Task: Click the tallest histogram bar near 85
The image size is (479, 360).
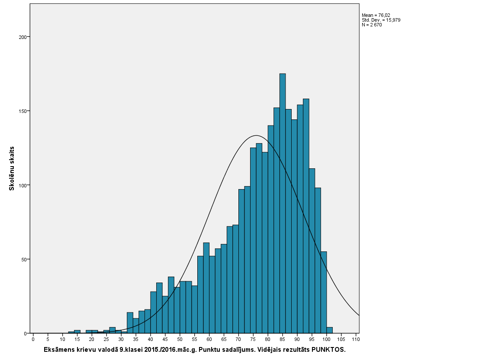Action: tap(283, 203)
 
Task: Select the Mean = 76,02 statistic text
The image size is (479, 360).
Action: tap(376, 15)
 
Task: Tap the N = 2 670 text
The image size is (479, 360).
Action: tap(372, 25)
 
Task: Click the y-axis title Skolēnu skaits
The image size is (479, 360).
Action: tap(12, 168)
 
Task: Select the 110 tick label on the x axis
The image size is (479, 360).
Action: tap(356, 339)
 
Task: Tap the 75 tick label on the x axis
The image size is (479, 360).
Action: tap(253, 339)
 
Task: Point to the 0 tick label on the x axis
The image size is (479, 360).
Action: tap(33, 339)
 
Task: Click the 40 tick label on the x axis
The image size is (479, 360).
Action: tap(151, 339)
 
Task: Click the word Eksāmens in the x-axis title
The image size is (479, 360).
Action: tap(60, 349)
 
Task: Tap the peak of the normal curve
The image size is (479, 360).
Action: tap(256, 135)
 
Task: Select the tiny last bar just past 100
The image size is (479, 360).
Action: tap(329, 331)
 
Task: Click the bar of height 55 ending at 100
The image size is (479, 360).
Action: tap(324, 292)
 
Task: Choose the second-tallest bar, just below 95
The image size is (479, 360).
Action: tap(306, 216)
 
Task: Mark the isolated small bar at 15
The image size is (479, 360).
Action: tap(77, 332)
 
